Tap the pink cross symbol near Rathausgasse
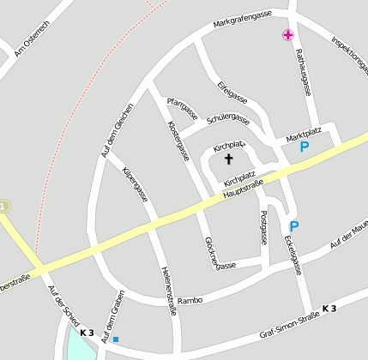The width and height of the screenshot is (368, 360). pyautogui.click(x=287, y=34)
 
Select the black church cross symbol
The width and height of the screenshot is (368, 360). pyautogui.click(x=228, y=159)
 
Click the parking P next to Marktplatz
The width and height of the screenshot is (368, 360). pyautogui.click(x=304, y=147)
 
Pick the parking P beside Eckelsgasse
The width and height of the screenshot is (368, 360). pyautogui.click(x=294, y=226)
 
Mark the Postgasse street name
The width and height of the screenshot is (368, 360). pyautogui.click(x=264, y=226)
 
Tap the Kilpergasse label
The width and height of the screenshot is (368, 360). pyautogui.click(x=135, y=183)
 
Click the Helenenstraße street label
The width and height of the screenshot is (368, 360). pyautogui.click(x=168, y=291)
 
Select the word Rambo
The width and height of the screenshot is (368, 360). pyautogui.click(x=190, y=301)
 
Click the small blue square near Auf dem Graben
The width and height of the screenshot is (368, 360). pyautogui.click(x=116, y=339)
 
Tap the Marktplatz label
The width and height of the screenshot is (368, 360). pyautogui.click(x=304, y=131)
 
